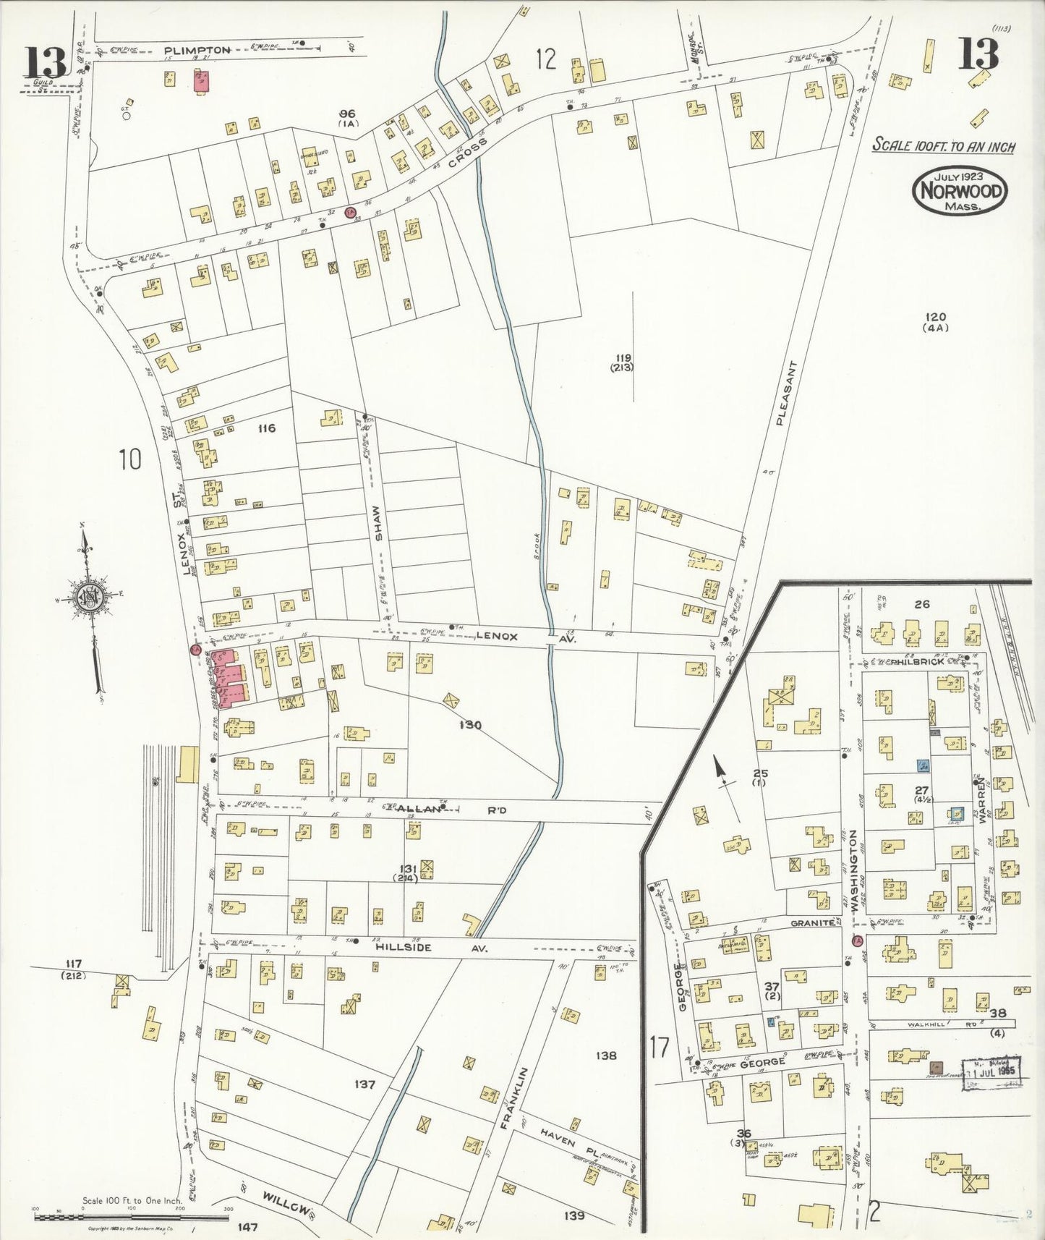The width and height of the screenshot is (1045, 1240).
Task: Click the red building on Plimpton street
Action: tap(201, 81)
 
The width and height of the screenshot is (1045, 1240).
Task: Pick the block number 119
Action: tap(623, 357)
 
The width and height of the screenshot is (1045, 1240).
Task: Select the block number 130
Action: tap(470, 725)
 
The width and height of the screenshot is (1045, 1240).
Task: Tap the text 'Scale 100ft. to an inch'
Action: tap(943, 145)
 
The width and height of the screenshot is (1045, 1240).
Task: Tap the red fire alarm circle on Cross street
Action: tap(350, 212)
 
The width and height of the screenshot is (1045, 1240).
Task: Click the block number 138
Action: tap(605, 1056)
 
